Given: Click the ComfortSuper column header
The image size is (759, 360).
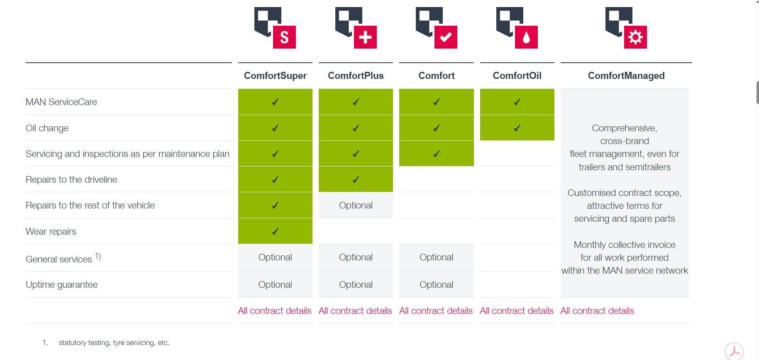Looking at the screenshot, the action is [275, 76].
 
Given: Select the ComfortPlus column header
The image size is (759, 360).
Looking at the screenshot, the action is [356, 76].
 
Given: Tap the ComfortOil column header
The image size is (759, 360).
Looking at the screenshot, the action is [517, 76].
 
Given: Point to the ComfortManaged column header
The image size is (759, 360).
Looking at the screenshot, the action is [626, 76].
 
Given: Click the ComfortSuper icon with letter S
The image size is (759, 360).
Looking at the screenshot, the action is [275, 28].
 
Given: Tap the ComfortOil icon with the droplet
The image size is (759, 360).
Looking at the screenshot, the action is [517, 28].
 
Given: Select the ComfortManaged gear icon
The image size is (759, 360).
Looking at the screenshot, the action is [626, 28].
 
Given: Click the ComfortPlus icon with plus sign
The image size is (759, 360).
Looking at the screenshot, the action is [356, 28].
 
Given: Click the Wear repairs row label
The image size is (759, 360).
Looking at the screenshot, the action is [51, 231].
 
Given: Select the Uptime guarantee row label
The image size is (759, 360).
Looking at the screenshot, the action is [61, 285].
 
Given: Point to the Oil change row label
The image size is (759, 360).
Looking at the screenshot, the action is [47, 128].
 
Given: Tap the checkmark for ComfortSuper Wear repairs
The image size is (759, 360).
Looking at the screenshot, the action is [275, 231].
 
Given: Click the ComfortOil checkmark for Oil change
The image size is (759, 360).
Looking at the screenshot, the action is [517, 128].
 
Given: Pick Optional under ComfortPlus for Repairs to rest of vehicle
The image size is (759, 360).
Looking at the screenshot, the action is [356, 206].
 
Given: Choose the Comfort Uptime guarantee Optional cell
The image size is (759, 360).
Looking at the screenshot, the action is [436, 285].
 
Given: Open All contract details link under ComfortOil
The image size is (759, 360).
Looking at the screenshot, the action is [517, 311].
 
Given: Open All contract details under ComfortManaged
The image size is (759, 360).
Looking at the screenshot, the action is [597, 311].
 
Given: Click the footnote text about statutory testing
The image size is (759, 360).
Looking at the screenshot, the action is [114, 343].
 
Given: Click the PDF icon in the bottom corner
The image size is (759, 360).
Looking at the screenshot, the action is [734, 351].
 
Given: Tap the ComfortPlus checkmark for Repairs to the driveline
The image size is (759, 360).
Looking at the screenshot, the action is [356, 180].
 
